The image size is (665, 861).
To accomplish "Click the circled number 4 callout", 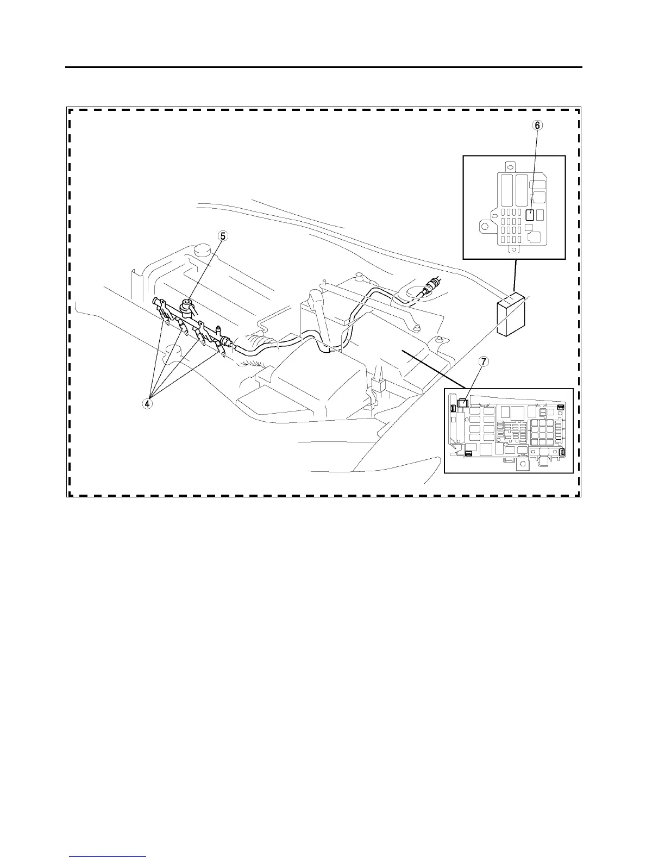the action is tap(148, 403).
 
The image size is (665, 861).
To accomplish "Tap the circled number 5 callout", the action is tap(223, 236).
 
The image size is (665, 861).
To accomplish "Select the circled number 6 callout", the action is tap(537, 125).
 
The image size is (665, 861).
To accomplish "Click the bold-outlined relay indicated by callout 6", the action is tap(530, 215).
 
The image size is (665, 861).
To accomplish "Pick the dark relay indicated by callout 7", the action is tap(462, 403).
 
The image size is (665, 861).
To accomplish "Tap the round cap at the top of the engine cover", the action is tap(202, 251).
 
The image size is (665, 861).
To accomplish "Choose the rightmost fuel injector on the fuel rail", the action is tap(222, 348).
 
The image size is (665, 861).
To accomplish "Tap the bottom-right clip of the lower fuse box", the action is tap(562, 452).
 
